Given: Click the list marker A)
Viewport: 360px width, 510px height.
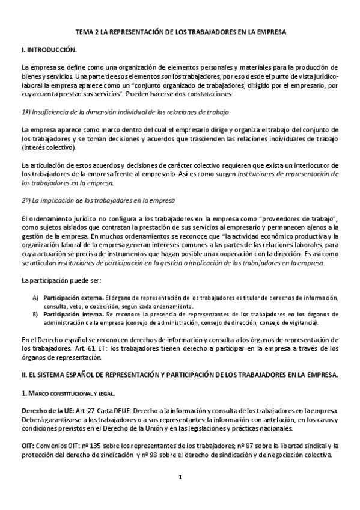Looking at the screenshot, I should point(35,298).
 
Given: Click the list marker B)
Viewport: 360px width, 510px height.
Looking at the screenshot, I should point(35,314).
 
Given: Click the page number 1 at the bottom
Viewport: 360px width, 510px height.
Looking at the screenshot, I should point(180,478).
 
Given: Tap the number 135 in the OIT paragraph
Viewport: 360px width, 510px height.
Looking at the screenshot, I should point(83,446).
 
